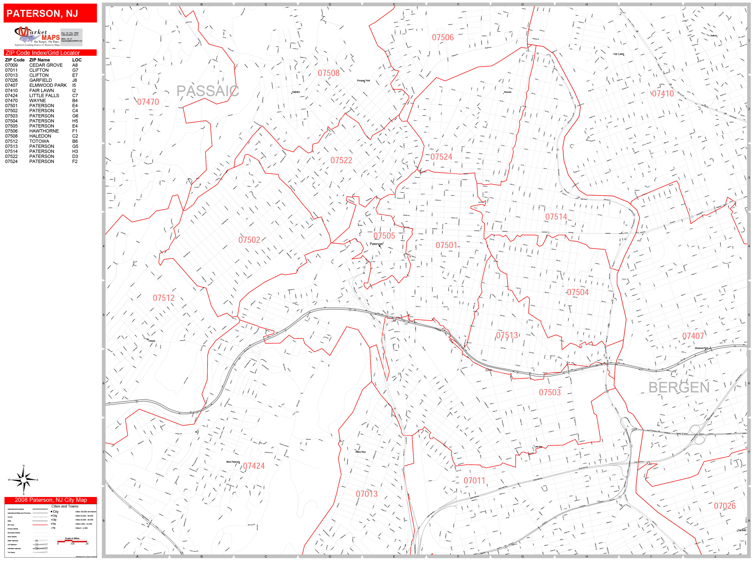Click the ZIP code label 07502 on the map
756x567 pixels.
pos(249,240)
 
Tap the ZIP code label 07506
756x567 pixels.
pos(443,38)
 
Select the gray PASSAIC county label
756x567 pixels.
pos(207,91)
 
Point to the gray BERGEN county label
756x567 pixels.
pos(679,388)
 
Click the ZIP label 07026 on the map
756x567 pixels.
pos(724,506)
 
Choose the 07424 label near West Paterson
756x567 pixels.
pos(254,466)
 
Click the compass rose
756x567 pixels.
pos(23,480)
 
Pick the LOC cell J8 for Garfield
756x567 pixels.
pos(75,80)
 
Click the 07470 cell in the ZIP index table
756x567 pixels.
pos(11,100)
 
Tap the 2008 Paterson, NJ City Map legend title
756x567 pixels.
pos(51,500)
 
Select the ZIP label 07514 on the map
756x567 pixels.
pos(556,217)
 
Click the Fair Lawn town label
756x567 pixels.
pos(618,54)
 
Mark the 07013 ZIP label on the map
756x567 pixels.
pos(366,494)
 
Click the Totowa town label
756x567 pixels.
pos(151,341)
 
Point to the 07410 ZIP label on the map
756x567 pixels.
pos(662,94)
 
